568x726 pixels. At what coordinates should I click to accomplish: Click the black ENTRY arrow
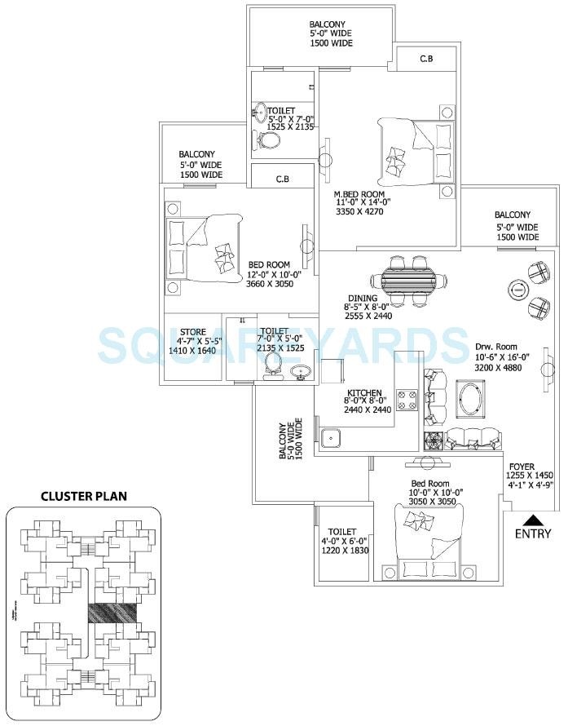click(x=531, y=520)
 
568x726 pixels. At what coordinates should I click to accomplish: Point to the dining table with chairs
click(x=412, y=279)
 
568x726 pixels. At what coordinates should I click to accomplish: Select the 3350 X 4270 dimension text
click(x=359, y=212)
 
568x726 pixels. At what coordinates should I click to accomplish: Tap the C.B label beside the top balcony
click(x=425, y=59)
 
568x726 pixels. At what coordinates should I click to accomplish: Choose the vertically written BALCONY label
click(x=284, y=441)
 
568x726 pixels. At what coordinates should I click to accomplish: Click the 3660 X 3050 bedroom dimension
click(x=270, y=284)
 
